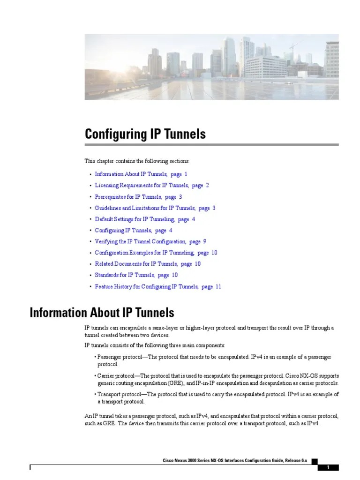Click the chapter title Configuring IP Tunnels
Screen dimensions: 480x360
pos(145,135)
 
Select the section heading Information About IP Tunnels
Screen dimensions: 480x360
pos(102,313)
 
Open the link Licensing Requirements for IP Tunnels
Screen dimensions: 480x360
pos(141,186)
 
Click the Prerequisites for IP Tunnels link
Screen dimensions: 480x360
pos(128,197)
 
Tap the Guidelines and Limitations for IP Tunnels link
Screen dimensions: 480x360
pos(144,208)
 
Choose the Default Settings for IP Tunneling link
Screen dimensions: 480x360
pos(135,219)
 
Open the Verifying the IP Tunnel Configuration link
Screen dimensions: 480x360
pos(140,242)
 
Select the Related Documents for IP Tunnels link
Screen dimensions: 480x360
pos(136,264)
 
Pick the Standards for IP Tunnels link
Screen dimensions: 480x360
pos(125,275)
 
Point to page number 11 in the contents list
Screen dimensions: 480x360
pos(218,286)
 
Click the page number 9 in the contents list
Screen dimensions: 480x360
pos(204,242)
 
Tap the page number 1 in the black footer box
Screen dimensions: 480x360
pos(328,467)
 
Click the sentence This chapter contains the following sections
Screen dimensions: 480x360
pos(137,161)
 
